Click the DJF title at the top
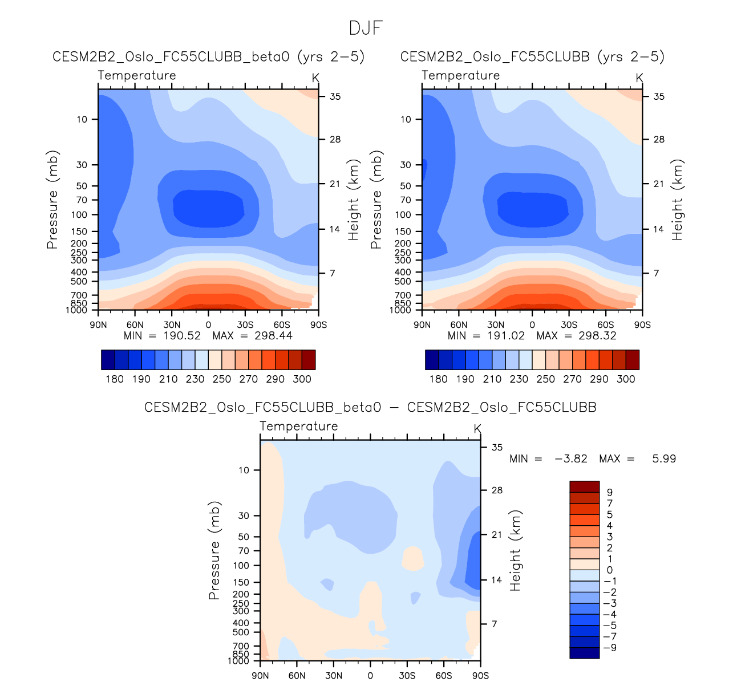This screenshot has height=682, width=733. [x=366, y=28]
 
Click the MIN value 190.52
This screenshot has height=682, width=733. [x=182, y=335]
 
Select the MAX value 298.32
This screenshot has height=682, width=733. [x=597, y=335]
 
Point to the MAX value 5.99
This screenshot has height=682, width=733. [x=664, y=458]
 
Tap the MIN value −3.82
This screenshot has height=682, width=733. [x=570, y=458]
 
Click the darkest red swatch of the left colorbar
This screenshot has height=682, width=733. [x=308, y=360]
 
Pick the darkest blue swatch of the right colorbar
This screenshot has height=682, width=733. [x=432, y=360]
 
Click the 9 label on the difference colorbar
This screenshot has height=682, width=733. [x=610, y=492]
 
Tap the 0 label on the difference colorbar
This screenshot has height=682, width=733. [x=610, y=570]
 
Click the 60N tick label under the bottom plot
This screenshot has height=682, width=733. [x=297, y=676]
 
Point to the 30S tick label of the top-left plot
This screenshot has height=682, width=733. [x=245, y=325]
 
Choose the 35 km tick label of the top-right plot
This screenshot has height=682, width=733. [x=659, y=97]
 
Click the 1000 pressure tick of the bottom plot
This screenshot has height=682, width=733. [x=238, y=661]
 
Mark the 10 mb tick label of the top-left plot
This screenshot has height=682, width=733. [x=82, y=119]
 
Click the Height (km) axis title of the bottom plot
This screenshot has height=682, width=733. [x=516, y=550]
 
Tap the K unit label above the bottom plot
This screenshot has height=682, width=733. [x=477, y=428]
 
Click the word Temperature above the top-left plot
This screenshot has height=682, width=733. [x=137, y=75]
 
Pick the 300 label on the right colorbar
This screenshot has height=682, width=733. [x=626, y=379]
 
